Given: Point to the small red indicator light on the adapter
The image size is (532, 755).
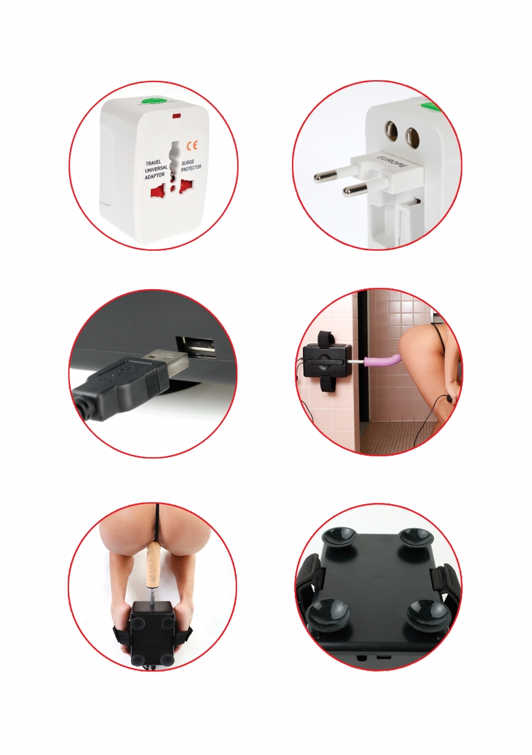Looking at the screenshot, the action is pyautogui.click(x=176, y=116).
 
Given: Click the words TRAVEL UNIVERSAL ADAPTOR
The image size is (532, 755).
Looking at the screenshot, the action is pyautogui.click(x=156, y=170).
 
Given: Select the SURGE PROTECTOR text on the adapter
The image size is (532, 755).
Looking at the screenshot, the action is pyautogui.click(x=191, y=166).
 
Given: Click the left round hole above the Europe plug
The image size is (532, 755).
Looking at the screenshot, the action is pyautogui.click(x=391, y=132).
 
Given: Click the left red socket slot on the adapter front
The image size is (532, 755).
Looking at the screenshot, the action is pyautogui.click(x=156, y=193).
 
